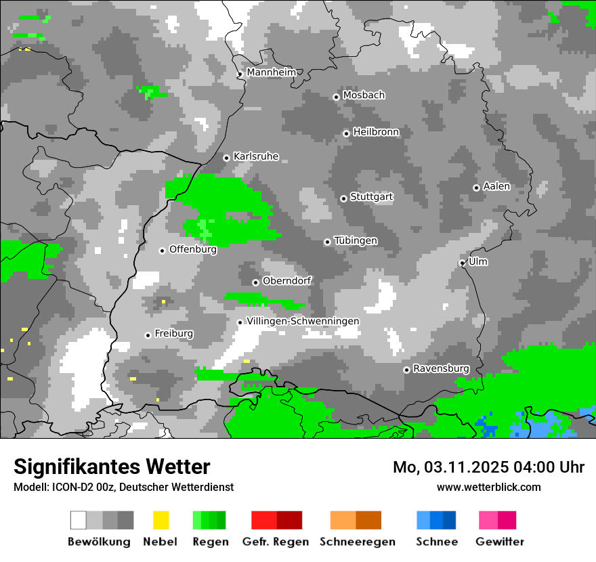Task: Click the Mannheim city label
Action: point(271,72)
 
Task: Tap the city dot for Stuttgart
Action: point(344,198)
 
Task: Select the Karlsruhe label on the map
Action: point(255,156)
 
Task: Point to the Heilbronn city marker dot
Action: point(346,133)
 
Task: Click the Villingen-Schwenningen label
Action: point(303,321)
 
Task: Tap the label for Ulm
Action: point(477,261)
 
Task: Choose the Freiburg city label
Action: point(173,334)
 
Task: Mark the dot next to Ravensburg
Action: point(406,370)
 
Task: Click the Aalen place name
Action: point(496,186)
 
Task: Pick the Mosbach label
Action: point(364,95)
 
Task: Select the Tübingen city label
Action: point(356,240)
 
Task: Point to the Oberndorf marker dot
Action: point(255,282)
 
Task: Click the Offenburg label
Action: point(193,249)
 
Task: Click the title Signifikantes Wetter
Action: point(112,467)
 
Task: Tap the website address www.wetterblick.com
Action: point(488,487)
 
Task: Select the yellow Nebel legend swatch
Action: point(161,520)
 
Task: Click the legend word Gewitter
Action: point(500,542)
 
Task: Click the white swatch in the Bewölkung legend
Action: point(79,520)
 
